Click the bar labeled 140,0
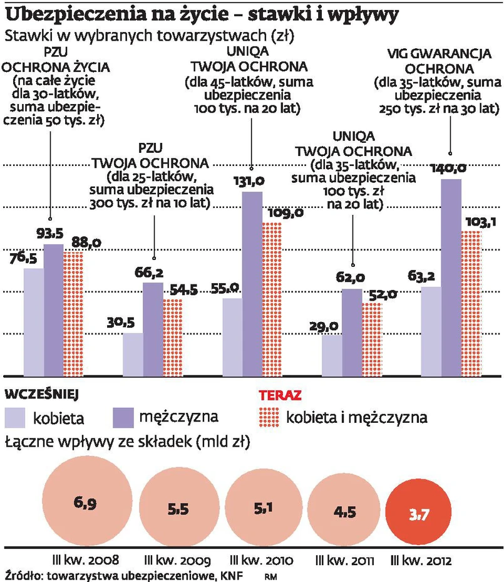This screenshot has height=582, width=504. point(451,278)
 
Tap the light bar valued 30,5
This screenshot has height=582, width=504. point(133,354)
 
